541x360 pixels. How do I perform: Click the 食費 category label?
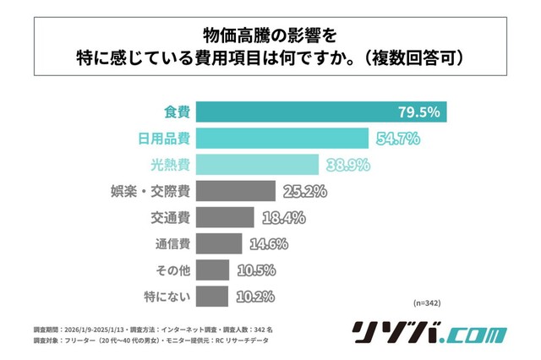(176, 112)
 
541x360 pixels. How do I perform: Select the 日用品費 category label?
(163, 139)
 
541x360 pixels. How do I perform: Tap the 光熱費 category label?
(169, 165)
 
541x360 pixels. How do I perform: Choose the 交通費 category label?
(169, 218)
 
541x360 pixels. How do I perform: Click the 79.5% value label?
(418, 112)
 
